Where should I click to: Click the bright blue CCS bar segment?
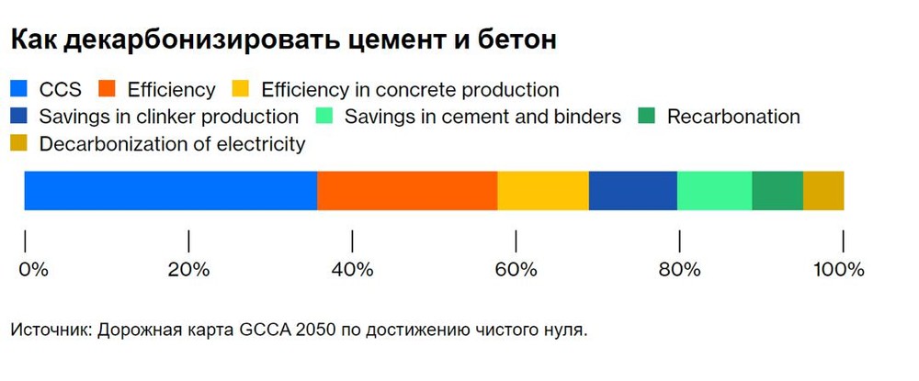(171, 191)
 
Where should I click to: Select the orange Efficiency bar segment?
(407, 191)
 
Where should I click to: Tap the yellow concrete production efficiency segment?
(543, 191)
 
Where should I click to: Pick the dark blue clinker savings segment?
(633, 191)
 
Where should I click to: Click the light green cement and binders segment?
(714, 191)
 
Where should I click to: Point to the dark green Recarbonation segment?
(777, 191)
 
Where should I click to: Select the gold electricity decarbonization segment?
(823, 191)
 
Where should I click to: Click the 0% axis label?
(33, 270)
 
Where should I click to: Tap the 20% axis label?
(188, 270)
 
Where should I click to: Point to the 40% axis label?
(352, 270)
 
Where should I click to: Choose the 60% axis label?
(516, 270)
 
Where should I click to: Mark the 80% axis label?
(679, 270)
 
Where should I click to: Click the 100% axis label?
(839, 270)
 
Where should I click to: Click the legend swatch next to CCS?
(18, 89)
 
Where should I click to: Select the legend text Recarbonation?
(733, 117)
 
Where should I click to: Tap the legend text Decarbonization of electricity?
(173, 144)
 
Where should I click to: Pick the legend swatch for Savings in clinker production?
(18, 116)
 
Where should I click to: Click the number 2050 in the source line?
(316, 331)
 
